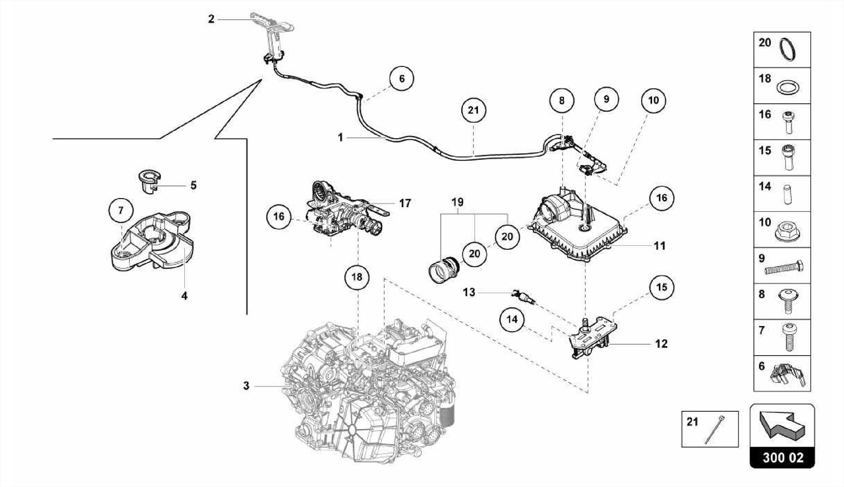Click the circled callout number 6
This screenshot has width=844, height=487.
click(x=402, y=78)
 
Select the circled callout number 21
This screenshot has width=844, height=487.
click(x=473, y=110)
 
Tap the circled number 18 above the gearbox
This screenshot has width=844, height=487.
click(x=357, y=277)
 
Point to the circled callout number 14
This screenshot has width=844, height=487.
click(x=512, y=319)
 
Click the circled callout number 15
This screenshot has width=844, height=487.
click(x=661, y=287)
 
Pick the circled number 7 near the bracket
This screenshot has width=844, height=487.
click(x=121, y=210)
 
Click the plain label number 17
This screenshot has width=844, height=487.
click(x=405, y=203)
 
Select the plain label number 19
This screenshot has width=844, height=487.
click(x=457, y=202)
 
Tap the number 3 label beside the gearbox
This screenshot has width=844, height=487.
click(x=246, y=386)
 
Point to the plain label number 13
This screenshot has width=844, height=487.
click(x=469, y=292)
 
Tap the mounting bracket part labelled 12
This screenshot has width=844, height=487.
click(x=591, y=338)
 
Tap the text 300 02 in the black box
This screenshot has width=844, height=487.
click(x=783, y=458)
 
